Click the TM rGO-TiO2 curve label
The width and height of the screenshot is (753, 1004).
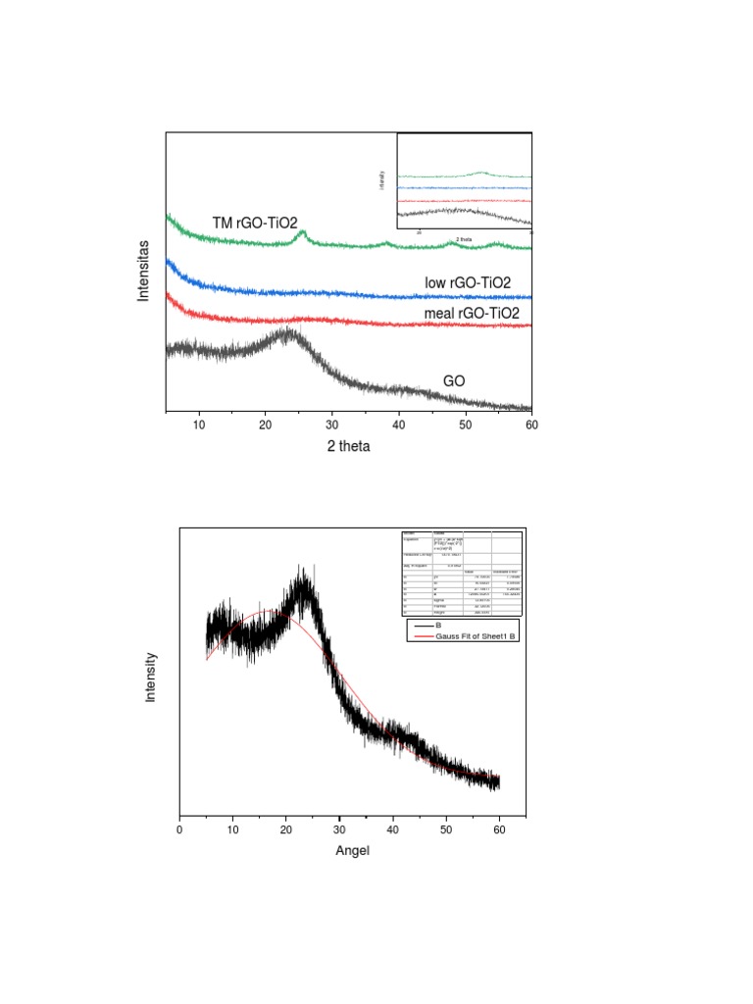click(x=254, y=223)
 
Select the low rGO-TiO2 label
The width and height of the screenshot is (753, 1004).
click(x=468, y=283)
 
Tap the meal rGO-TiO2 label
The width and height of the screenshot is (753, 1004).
click(x=471, y=313)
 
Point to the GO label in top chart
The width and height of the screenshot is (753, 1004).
click(x=454, y=380)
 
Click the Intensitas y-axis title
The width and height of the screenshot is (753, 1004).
click(x=144, y=270)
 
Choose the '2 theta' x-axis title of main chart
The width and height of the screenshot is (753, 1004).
click(x=349, y=445)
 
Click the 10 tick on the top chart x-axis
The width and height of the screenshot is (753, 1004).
click(x=199, y=424)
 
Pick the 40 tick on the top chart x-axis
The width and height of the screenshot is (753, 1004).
click(x=398, y=424)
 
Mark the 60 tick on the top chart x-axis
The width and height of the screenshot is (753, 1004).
click(x=530, y=424)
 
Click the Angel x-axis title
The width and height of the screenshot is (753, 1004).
click(x=352, y=850)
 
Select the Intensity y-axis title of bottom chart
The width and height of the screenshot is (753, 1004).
click(x=151, y=678)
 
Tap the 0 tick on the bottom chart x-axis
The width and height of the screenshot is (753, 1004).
click(x=179, y=830)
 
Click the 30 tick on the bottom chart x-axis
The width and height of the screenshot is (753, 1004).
click(x=339, y=830)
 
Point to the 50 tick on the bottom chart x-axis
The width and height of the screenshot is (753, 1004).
click(x=446, y=830)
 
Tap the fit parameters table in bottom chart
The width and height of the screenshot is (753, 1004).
click(x=459, y=572)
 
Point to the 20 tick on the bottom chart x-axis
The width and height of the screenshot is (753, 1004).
click(x=286, y=830)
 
